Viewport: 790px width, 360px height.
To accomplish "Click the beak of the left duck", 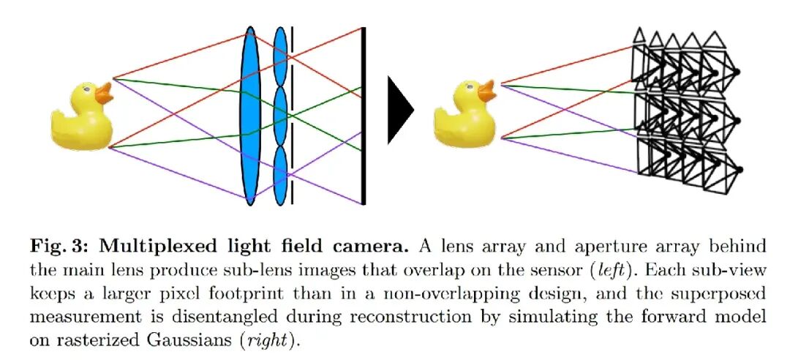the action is click(x=104, y=93).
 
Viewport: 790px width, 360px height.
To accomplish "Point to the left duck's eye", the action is click(x=86, y=89).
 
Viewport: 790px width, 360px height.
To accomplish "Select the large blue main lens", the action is click(x=250, y=116).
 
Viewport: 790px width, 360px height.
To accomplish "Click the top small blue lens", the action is click(x=281, y=56).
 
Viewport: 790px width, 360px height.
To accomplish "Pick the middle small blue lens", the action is click(x=281, y=116).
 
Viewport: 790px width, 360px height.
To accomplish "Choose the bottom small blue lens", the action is click(x=281, y=176).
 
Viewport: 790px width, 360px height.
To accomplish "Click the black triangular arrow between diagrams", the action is click(x=400, y=110).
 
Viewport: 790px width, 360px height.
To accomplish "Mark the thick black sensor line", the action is click(x=364, y=116).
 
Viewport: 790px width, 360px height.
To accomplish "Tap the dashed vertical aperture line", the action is click(x=292, y=116).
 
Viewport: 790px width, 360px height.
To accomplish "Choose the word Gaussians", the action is click(x=191, y=341).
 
